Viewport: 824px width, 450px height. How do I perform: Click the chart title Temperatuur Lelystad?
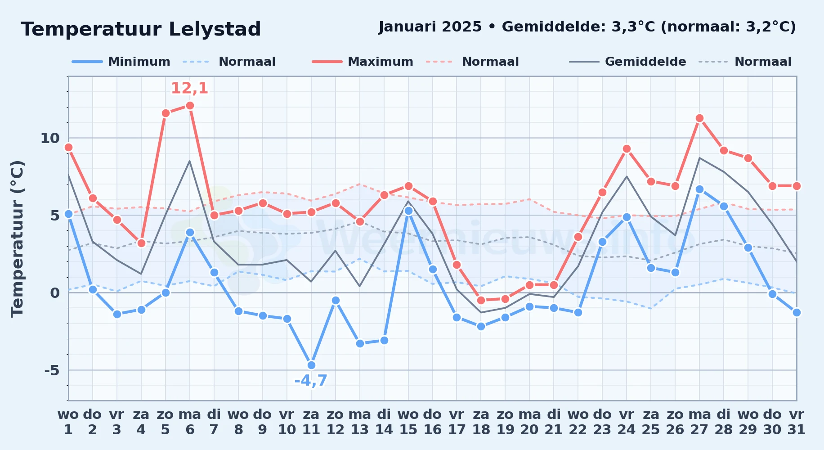click(x=141, y=29)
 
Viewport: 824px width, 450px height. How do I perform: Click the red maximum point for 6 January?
click(x=190, y=106)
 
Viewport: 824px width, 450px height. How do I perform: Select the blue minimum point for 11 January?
click(x=311, y=365)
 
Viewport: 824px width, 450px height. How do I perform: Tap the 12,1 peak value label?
click(x=190, y=88)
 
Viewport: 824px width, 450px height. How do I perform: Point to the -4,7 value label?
click(x=311, y=381)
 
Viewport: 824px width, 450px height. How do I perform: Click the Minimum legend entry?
click(x=121, y=62)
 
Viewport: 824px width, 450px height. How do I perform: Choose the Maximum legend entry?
click(x=363, y=62)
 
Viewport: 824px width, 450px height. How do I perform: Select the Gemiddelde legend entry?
click(x=628, y=62)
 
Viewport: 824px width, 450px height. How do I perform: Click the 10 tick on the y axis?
click(x=50, y=138)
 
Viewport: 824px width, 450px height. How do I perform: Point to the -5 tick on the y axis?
click(x=52, y=370)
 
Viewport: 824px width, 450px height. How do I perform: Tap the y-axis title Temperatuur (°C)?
click(x=17, y=238)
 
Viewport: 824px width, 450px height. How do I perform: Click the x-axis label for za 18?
click(x=481, y=422)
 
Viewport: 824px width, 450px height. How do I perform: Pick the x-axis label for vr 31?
click(x=797, y=422)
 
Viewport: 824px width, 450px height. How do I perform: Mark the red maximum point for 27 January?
click(x=699, y=118)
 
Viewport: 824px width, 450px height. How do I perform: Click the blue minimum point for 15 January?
click(x=408, y=211)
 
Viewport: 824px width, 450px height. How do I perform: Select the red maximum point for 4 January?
click(x=141, y=243)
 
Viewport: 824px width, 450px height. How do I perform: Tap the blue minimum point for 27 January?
click(x=699, y=189)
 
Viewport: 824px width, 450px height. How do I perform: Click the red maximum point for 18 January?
click(x=481, y=300)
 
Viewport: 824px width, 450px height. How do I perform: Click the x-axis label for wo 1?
click(x=68, y=422)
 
